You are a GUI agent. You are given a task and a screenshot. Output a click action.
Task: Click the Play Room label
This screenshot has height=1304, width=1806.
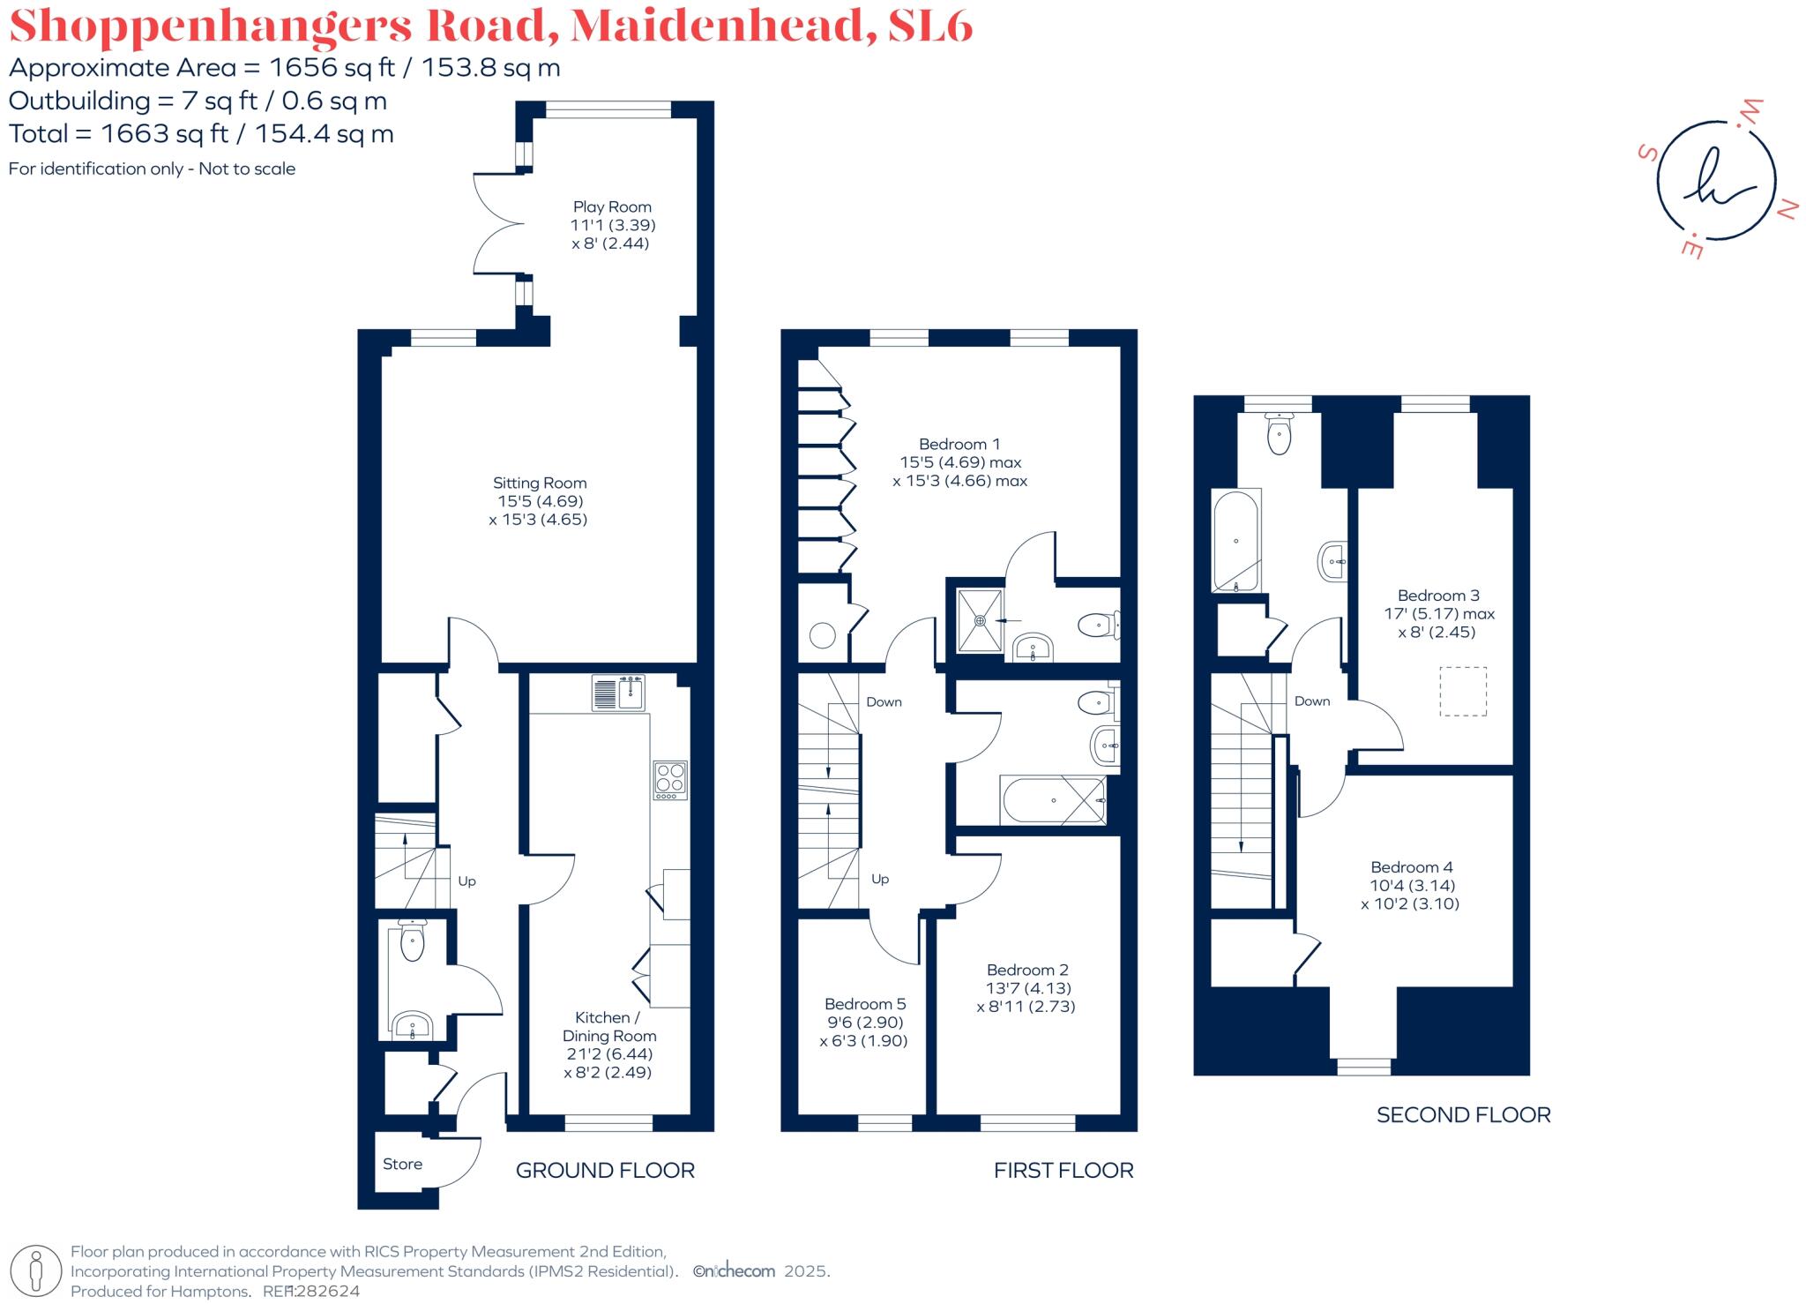tap(612, 207)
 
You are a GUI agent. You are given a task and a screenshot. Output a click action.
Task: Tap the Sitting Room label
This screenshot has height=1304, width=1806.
tap(540, 483)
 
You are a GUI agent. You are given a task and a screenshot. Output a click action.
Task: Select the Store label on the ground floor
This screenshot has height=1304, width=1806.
tap(402, 1164)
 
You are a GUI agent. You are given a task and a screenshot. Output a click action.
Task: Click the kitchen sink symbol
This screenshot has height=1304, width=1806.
tap(619, 693)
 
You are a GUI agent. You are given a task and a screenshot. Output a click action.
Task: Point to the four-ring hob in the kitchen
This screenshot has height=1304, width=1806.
tap(669, 780)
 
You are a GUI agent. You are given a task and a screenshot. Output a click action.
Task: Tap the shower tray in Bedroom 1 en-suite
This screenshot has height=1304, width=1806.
tap(980, 620)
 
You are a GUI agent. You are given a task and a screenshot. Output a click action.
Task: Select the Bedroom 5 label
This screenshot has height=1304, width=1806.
tap(864, 1004)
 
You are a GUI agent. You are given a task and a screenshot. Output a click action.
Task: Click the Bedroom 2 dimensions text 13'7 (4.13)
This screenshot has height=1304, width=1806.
tap(1027, 988)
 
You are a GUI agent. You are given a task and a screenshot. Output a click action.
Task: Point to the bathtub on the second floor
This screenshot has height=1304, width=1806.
tap(1235, 541)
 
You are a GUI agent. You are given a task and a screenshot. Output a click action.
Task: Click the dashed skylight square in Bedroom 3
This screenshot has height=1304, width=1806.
tap(1463, 691)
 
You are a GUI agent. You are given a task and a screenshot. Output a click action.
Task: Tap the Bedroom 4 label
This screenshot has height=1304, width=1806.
tap(1411, 867)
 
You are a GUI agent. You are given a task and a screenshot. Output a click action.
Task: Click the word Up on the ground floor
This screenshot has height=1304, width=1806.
tap(466, 881)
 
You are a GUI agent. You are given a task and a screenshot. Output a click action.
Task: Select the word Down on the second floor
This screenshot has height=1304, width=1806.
tap(1311, 701)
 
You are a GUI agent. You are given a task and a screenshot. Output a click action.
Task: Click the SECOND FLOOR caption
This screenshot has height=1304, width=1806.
tap(1463, 1114)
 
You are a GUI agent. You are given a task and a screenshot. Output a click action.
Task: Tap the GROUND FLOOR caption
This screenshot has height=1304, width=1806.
tap(605, 1170)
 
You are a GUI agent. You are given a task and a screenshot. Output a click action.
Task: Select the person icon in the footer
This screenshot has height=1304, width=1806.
tap(36, 1271)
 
